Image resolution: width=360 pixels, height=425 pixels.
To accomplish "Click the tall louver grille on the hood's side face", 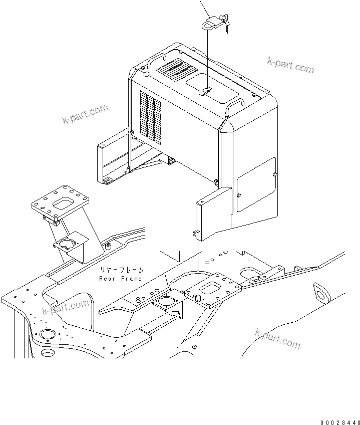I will click(150, 118).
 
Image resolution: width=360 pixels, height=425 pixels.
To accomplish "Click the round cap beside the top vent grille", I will click(146, 74).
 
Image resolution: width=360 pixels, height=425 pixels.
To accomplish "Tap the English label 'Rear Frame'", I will click(120, 278).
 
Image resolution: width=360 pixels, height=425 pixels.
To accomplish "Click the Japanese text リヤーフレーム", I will click(120, 270).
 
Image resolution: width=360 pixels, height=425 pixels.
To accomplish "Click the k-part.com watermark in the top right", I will click(290, 65).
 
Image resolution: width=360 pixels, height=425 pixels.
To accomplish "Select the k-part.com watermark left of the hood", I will click(85, 114).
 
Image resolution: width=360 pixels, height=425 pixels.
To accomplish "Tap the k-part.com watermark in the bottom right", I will click(277, 339).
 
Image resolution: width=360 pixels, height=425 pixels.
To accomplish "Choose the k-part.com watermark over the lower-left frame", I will click(66, 308).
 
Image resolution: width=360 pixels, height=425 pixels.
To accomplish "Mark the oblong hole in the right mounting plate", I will click(208, 289).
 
